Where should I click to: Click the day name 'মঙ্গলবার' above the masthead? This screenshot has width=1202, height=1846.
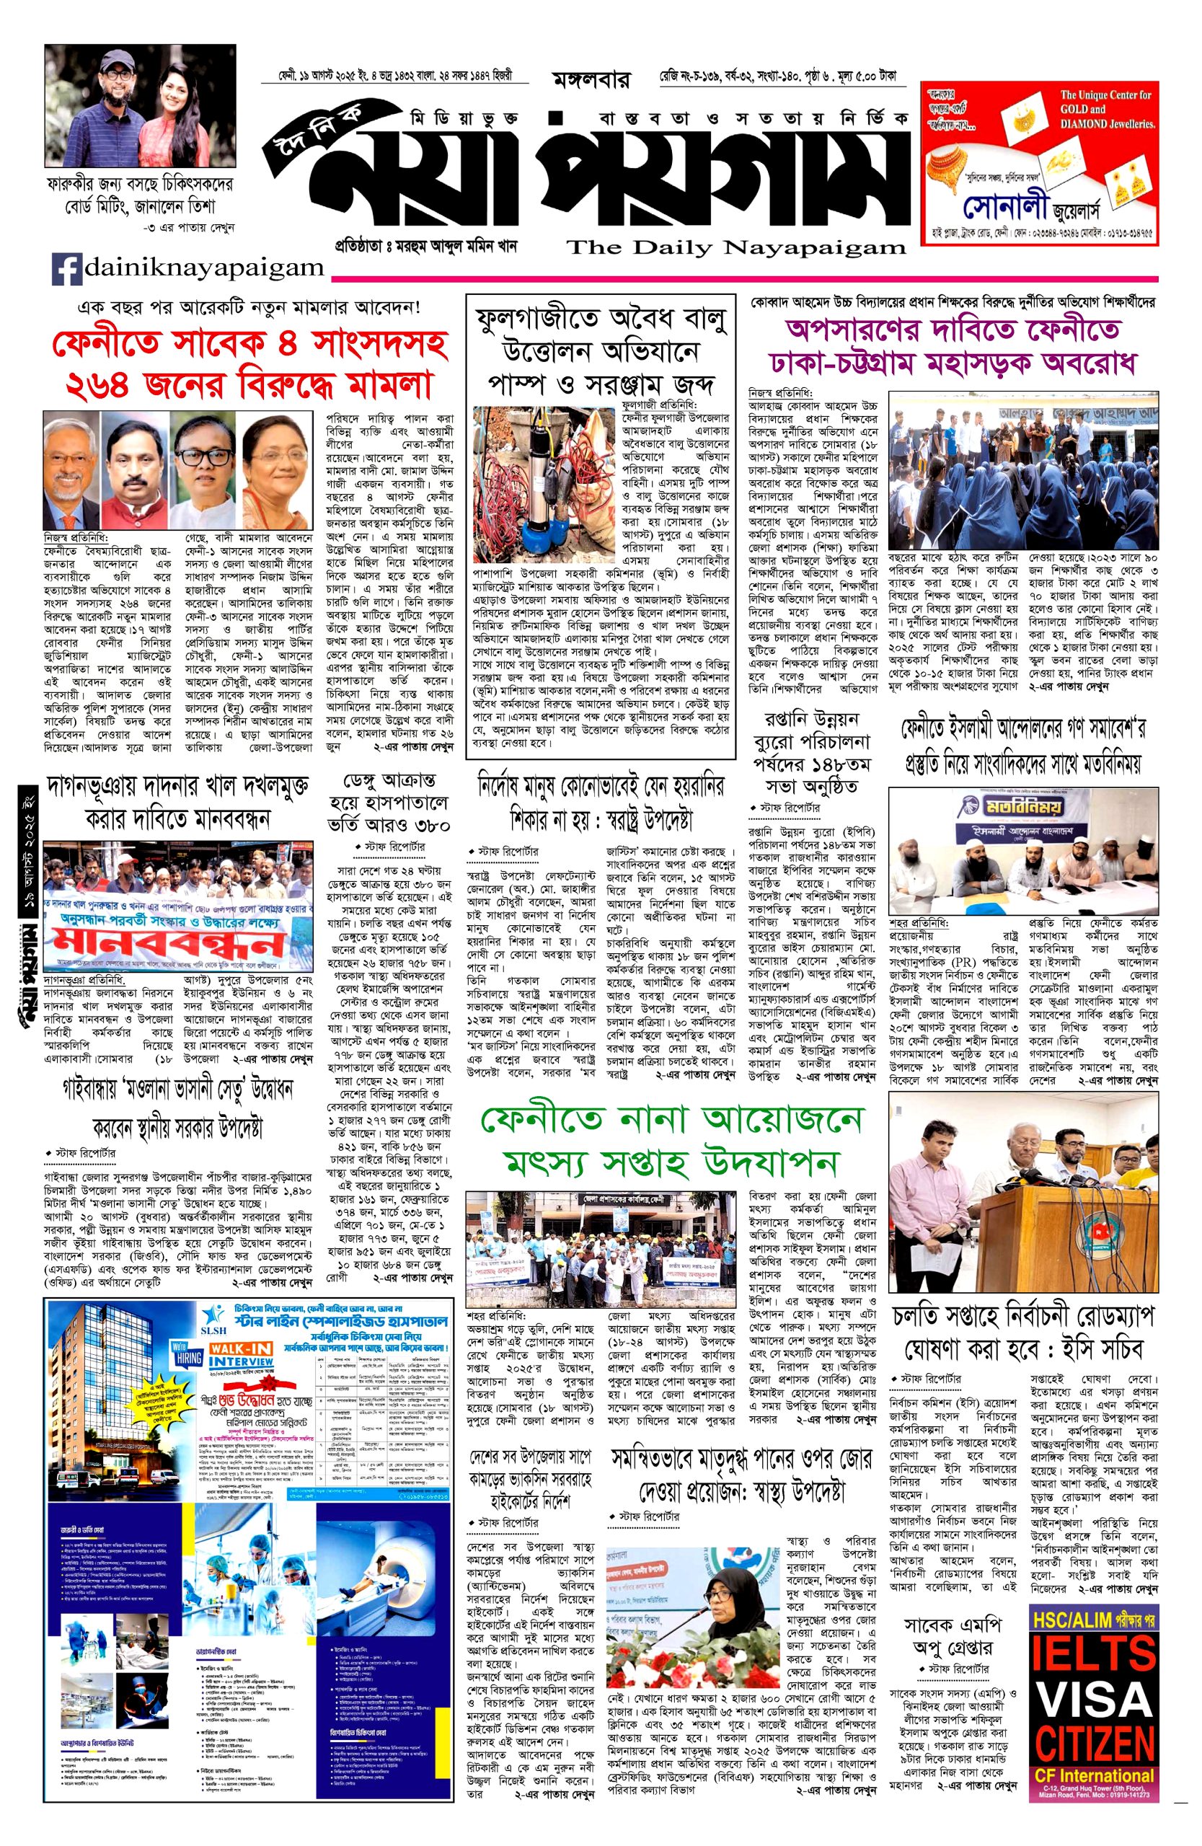pos(594,80)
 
